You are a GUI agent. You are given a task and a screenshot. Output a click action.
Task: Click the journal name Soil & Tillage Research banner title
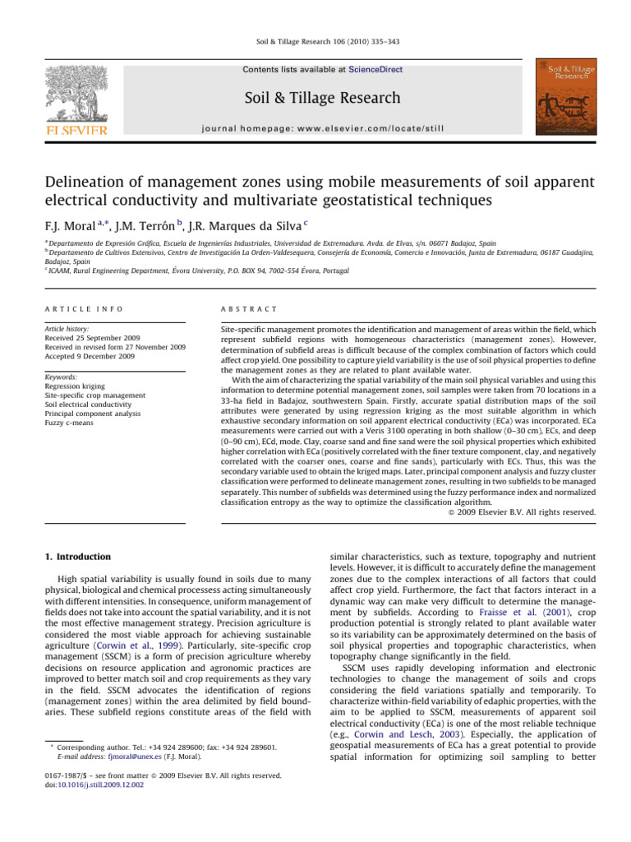(323, 99)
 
